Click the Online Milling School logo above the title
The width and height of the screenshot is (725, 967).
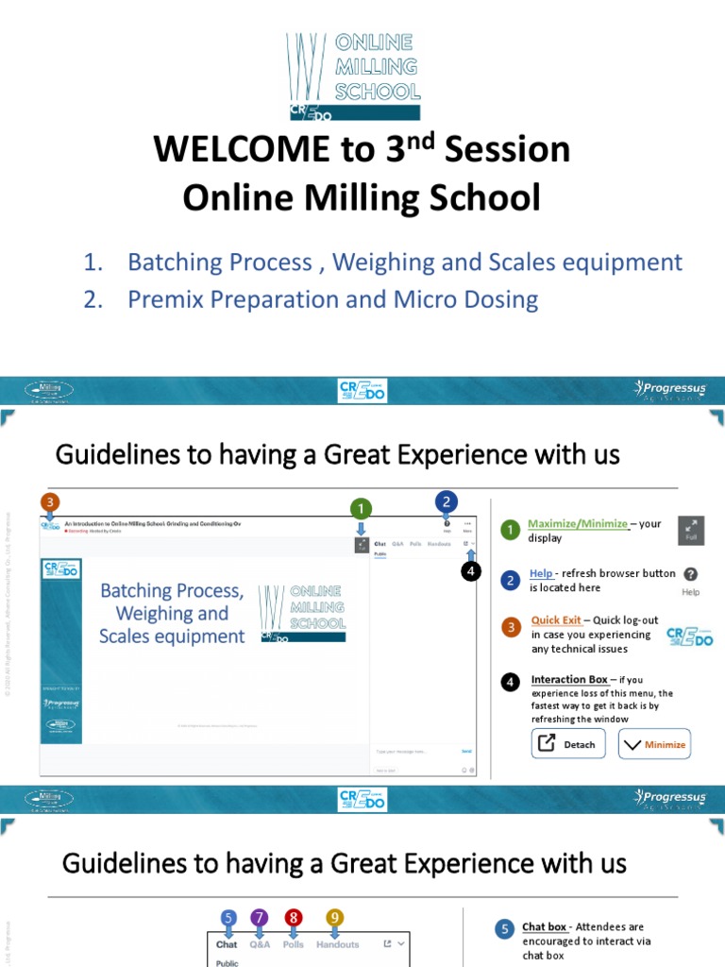(x=354, y=77)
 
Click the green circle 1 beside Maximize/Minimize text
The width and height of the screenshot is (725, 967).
(x=511, y=531)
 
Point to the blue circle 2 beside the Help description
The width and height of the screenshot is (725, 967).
(x=511, y=580)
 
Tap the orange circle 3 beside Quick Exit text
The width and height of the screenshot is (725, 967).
(x=511, y=627)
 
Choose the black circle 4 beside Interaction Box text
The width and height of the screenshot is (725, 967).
(x=511, y=681)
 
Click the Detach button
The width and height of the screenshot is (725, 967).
(x=568, y=744)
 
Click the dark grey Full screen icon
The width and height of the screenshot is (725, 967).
(x=691, y=531)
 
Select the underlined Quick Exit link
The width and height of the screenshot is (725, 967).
(x=556, y=620)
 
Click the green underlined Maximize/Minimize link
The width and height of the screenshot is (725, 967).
(x=578, y=524)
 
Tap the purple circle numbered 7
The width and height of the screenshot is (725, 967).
(x=260, y=917)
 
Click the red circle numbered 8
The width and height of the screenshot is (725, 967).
(x=294, y=917)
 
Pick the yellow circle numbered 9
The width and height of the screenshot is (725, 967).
(x=335, y=917)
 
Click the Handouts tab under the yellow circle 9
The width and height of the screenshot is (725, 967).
(x=338, y=944)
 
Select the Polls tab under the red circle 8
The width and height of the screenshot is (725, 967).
(x=294, y=944)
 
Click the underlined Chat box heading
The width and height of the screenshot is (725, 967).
(x=544, y=927)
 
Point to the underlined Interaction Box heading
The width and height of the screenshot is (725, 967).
(x=569, y=680)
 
